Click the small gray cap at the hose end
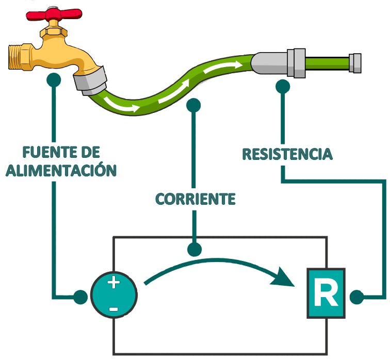tap(355, 62)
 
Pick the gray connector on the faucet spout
tap(91, 80)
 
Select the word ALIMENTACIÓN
tap(61, 170)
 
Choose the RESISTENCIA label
tap(287, 154)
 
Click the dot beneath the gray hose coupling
tap(282, 86)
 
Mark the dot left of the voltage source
tap(80, 297)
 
